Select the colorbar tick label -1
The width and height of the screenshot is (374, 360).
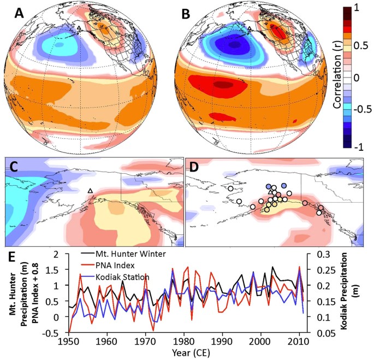coord(358,147)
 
